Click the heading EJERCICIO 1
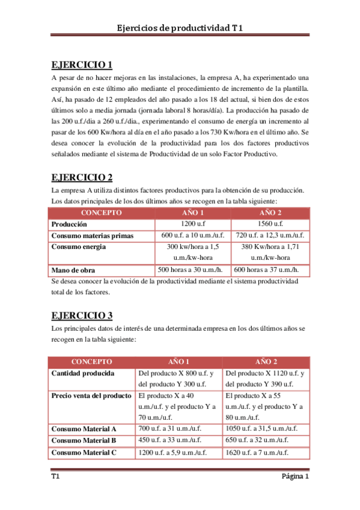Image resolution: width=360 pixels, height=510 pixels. (x=82, y=65)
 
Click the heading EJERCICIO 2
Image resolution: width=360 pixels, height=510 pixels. (x=82, y=177)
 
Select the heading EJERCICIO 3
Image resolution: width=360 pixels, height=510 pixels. (x=82, y=315)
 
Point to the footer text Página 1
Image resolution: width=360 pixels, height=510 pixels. (x=295, y=477)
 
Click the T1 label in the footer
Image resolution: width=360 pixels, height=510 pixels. (x=55, y=477)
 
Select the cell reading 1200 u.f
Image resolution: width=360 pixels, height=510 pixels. (x=194, y=224)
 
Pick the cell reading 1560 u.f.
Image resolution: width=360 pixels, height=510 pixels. (x=270, y=224)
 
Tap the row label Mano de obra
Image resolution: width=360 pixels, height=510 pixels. (x=73, y=270)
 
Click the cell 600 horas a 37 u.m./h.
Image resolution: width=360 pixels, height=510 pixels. (x=270, y=270)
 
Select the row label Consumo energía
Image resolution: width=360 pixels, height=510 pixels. (x=79, y=247)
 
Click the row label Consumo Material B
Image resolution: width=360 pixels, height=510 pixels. (x=84, y=441)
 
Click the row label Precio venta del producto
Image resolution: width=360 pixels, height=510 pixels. (x=91, y=396)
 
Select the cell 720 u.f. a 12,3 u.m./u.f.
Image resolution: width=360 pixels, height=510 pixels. (x=270, y=235)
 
